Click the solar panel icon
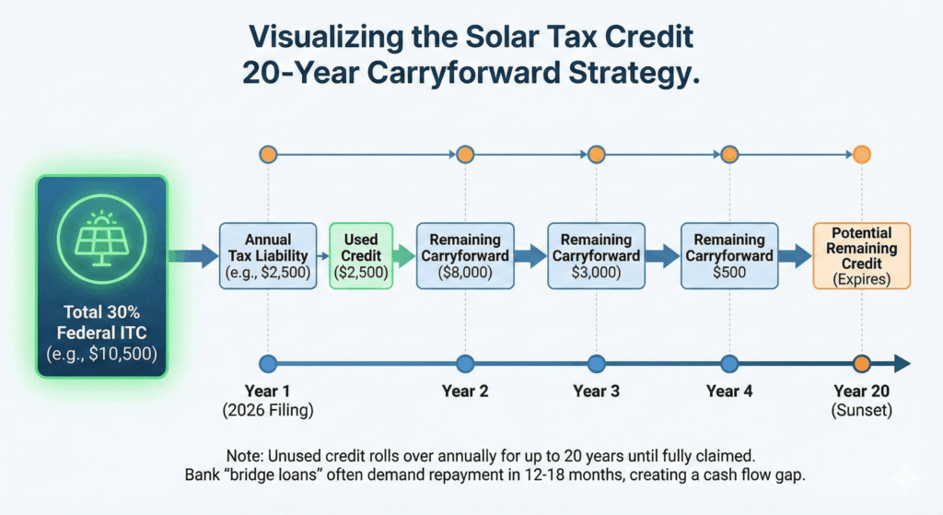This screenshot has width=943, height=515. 101,240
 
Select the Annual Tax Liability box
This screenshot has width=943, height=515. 268,256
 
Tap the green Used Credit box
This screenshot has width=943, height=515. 361,256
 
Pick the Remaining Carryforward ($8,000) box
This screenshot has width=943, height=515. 465,256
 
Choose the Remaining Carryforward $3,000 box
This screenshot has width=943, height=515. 596,256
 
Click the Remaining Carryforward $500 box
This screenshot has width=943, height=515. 729,256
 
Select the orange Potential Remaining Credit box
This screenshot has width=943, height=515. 861,256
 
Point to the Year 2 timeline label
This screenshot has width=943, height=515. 465,391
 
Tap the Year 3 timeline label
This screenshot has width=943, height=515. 596,391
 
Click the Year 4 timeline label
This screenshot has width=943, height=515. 729,391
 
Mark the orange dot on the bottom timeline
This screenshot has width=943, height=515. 862,363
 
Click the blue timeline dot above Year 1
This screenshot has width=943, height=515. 268,363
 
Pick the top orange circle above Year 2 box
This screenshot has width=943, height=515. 465,155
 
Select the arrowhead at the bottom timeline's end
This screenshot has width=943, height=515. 902,363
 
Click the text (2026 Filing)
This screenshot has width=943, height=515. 268,410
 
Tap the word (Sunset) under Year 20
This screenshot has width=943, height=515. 861,410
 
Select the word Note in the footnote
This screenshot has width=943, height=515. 243,455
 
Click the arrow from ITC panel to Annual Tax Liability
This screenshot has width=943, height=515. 192,256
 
